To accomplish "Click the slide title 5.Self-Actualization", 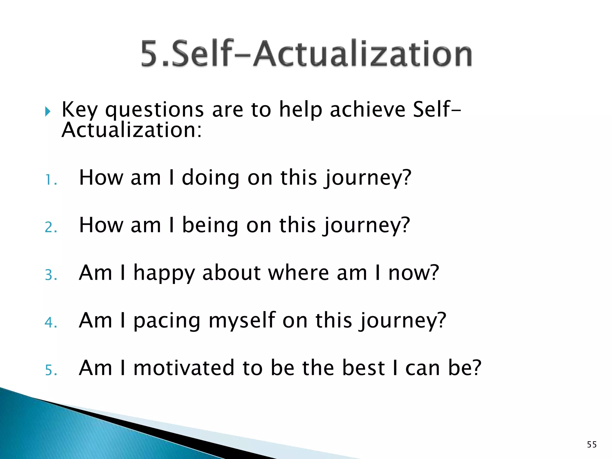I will tap(306, 54).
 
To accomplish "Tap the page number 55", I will tap(592, 445).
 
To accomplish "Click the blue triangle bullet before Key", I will tap(48, 111).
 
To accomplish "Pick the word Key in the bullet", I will tap(79, 110).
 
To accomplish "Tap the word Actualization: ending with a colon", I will tap(131, 131).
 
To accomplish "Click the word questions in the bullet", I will tap(154, 110).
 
